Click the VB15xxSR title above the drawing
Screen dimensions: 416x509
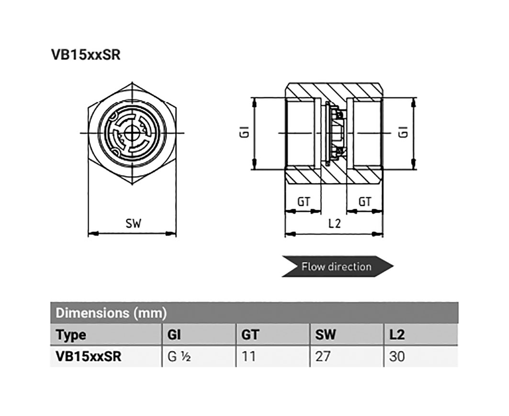pos(86,55)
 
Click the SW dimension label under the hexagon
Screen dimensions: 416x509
pos(133,224)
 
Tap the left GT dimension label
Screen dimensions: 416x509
pos(303,202)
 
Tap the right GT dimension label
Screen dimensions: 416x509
pos(365,202)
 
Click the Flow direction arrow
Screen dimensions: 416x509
pos(337,267)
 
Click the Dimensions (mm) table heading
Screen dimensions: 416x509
pos(111,313)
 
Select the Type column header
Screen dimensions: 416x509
pos(71,335)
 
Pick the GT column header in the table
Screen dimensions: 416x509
pos(250,335)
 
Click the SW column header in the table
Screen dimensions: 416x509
pos(326,335)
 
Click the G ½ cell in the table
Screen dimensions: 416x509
pos(180,357)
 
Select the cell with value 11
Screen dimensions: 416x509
pos(248,357)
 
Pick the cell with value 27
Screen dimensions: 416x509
pos(323,357)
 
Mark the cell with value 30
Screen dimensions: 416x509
pos(397,357)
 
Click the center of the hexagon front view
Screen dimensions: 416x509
pos(133,133)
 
